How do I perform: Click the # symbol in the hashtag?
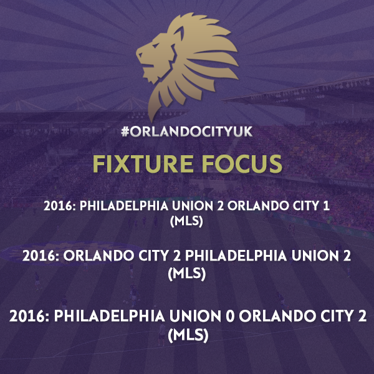pyautogui.click(x=125, y=132)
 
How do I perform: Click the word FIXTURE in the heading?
pyautogui.click(x=143, y=164)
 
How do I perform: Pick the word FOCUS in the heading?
pyautogui.click(x=242, y=164)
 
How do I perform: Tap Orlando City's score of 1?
pyautogui.click(x=326, y=206)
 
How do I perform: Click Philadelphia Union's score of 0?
pyautogui.click(x=230, y=316)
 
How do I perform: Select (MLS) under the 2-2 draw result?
pyautogui.click(x=187, y=273)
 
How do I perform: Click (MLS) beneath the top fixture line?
pyautogui.click(x=186, y=221)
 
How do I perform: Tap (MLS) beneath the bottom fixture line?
pyautogui.click(x=188, y=335)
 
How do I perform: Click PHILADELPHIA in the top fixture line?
pyautogui.click(x=124, y=206)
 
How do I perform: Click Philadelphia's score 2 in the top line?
pyautogui.click(x=221, y=206)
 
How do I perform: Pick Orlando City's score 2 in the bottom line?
pyautogui.click(x=362, y=316)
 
